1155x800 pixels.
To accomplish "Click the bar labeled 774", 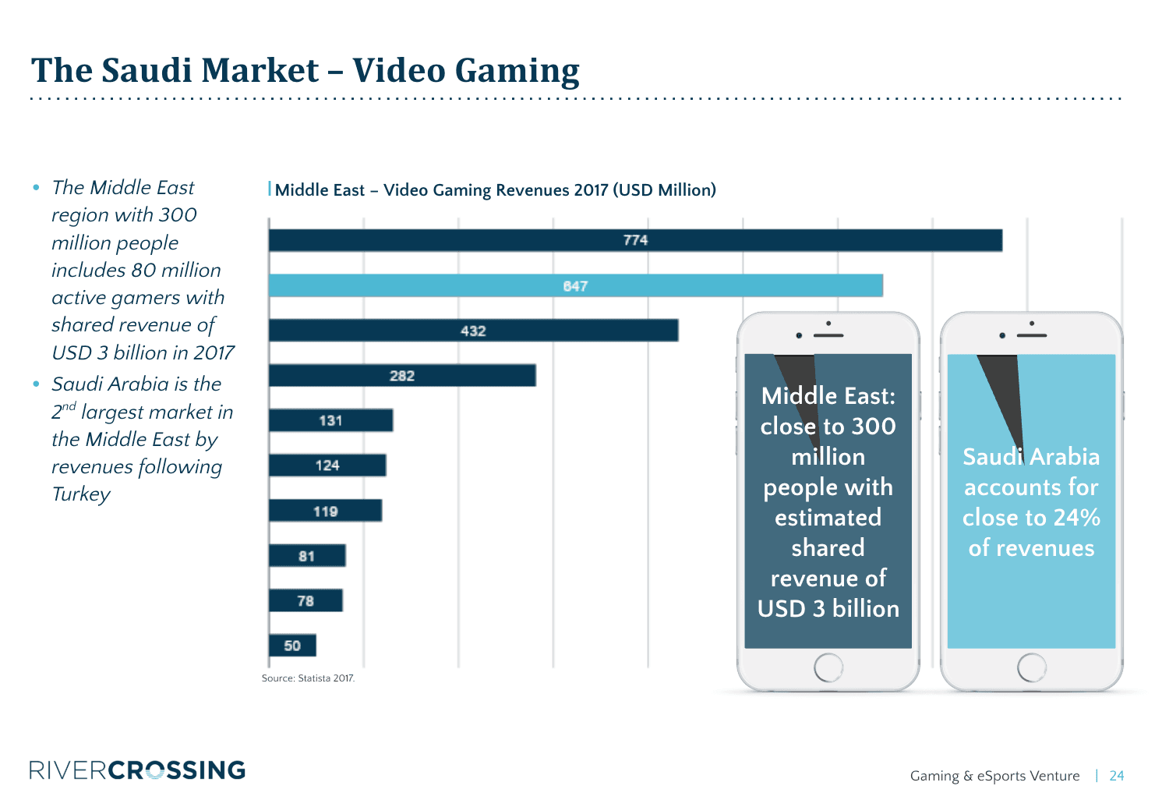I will (635, 240).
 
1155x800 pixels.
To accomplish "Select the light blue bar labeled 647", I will (575, 286).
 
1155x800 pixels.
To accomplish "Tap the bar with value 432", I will (473, 331).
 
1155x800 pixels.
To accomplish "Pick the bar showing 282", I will (402, 376).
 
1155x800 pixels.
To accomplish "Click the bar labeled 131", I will (330, 420).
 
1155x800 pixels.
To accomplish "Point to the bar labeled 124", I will (327, 465).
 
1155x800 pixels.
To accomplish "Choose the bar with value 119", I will (325, 511).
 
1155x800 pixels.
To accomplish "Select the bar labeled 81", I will (307, 556).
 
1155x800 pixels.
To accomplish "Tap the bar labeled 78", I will (306, 600).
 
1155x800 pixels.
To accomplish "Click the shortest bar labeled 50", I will (292, 646).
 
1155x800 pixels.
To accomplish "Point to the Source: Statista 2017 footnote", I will (308, 678).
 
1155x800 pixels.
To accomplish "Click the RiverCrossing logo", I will (137, 770).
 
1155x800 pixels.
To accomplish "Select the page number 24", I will (1116, 776).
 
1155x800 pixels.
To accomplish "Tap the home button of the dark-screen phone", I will (828, 667).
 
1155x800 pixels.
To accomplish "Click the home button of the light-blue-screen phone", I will (1031, 667).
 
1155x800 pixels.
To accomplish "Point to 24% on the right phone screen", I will (1076, 518).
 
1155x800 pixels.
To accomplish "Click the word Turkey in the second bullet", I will (81, 494).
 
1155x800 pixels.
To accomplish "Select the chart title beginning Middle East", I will (495, 190).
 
